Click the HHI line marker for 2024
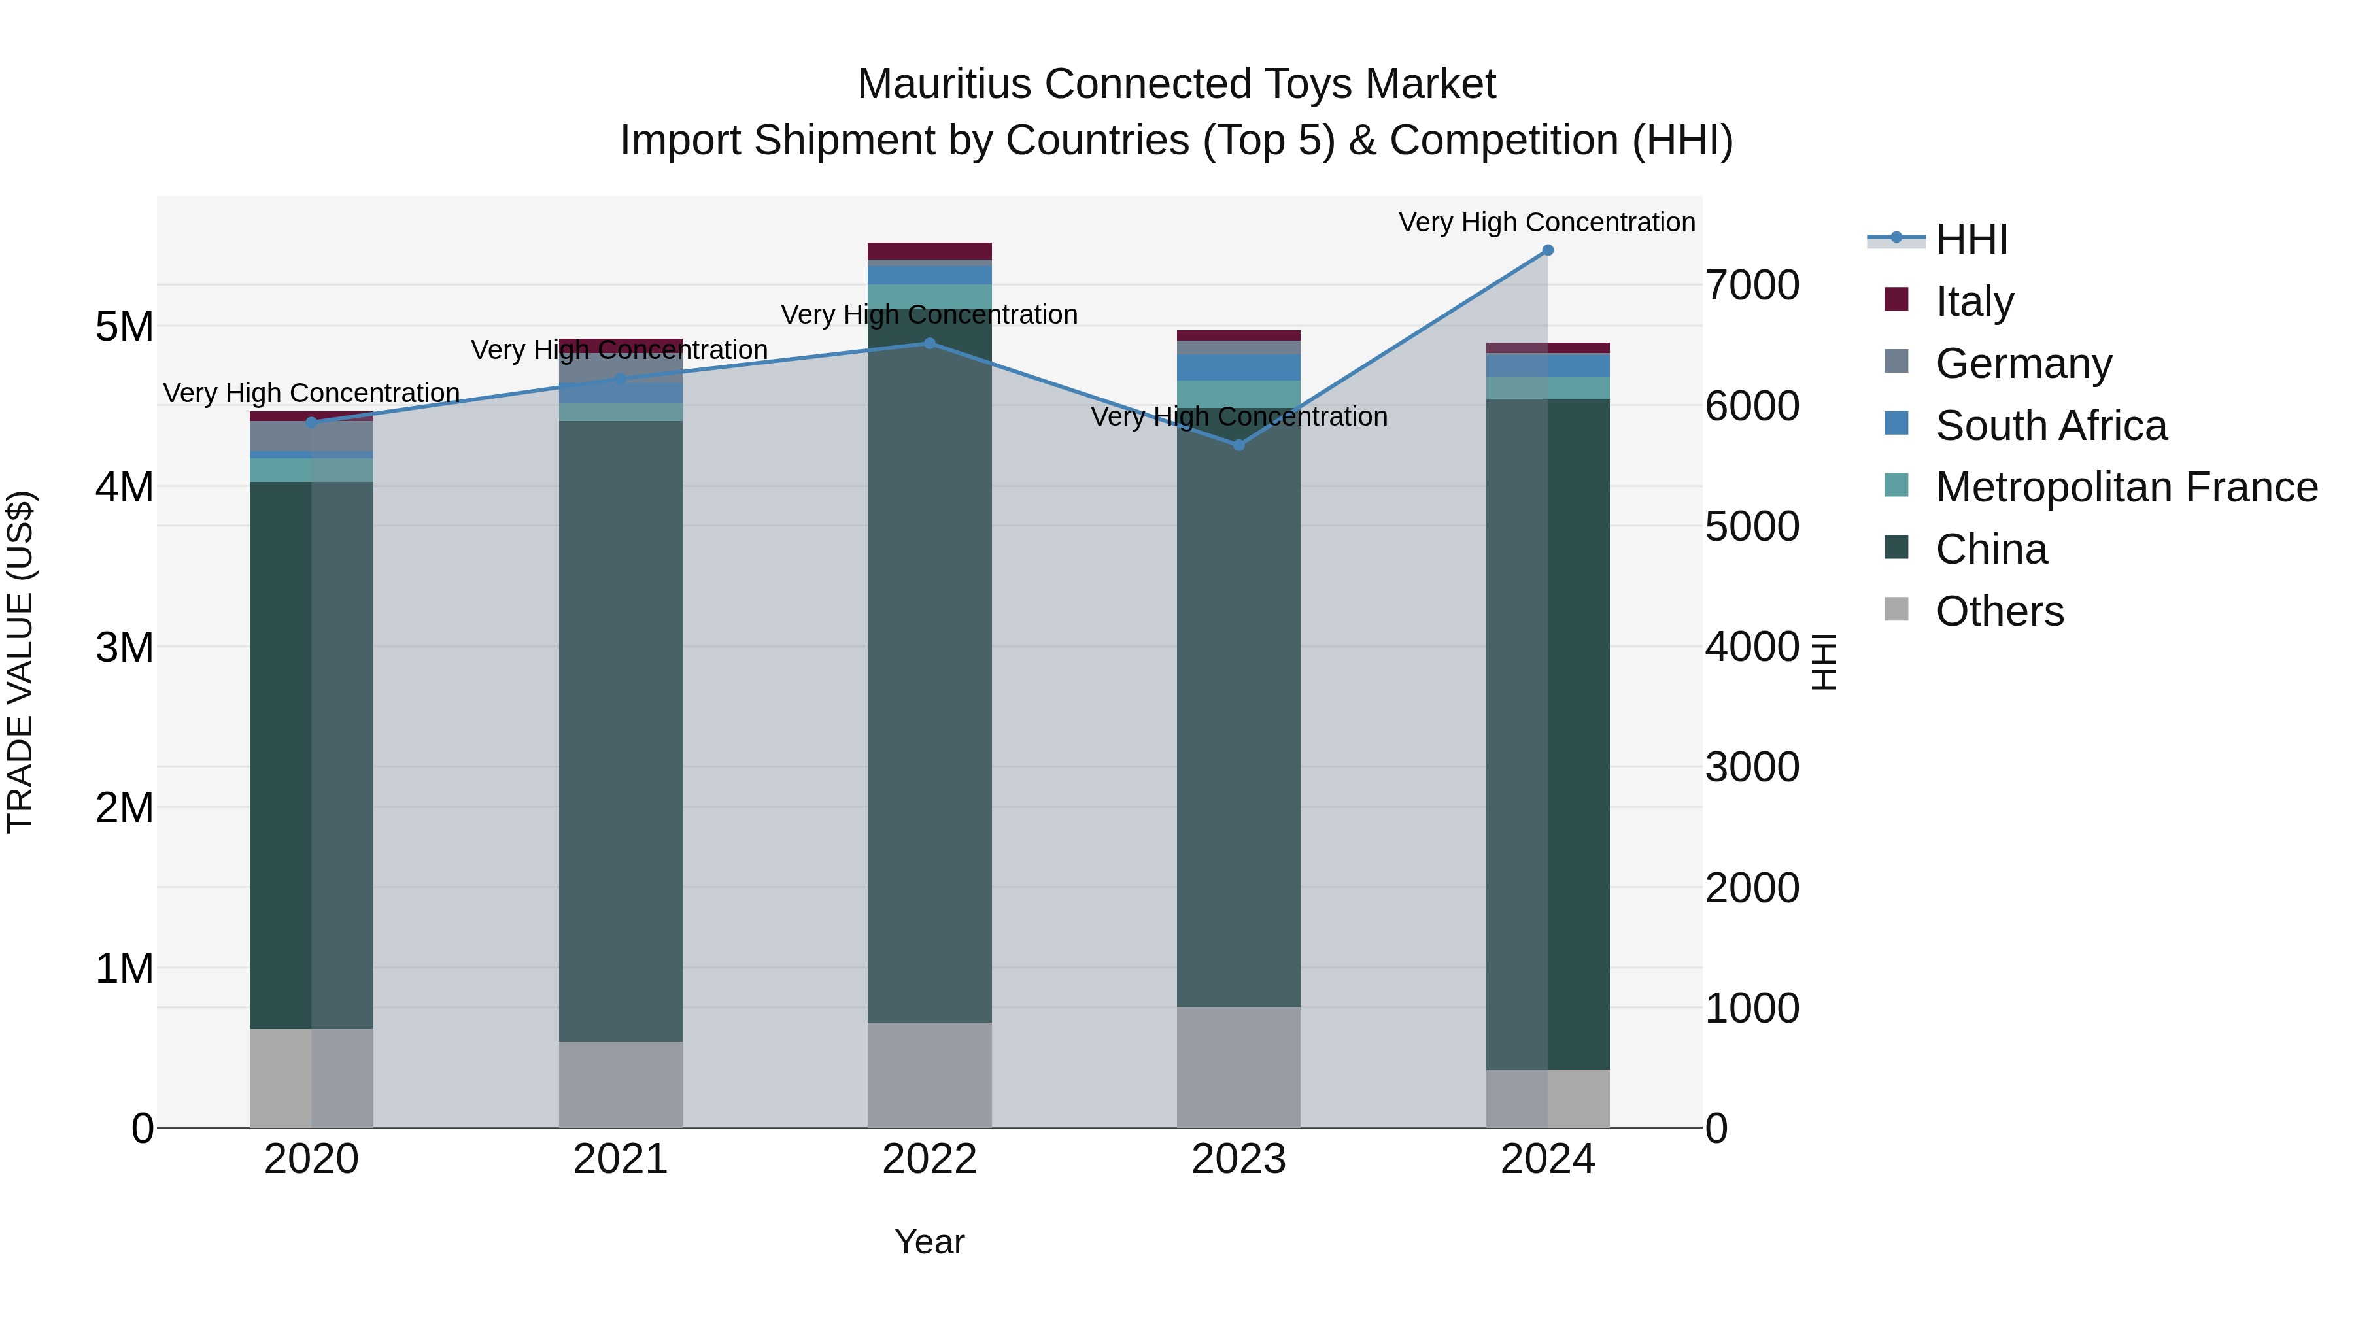coord(1547,250)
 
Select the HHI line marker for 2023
coord(1238,445)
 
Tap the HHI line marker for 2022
coord(929,343)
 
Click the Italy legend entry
coord(1974,301)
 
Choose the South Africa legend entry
coord(2051,426)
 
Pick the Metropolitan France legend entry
coord(2126,488)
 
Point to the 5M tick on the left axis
coord(124,326)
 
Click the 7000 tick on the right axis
coord(1752,285)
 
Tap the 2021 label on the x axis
coord(621,1159)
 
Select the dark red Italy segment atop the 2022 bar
coord(929,251)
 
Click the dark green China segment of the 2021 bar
coord(621,731)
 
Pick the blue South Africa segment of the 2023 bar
coord(1238,367)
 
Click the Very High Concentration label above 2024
coord(1546,223)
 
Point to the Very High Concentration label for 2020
coord(311,394)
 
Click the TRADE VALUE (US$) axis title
coord(20,662)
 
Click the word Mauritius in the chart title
coord(945,84)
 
